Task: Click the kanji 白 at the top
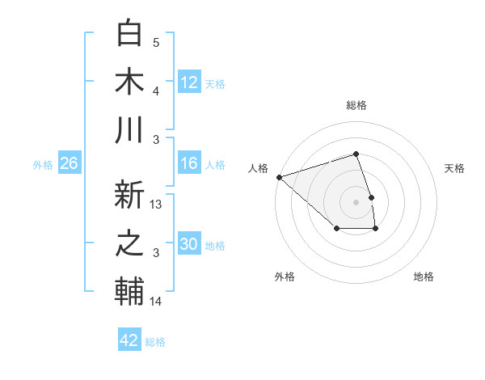pos(130,34)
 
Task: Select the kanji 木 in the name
pos(130,82)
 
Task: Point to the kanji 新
pos(130,195)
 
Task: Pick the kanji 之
pos(130,243)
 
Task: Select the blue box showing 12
pos(188,82)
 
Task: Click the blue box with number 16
pos(188,164)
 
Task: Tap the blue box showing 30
pos(188,245)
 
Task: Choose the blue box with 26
pos(69,164)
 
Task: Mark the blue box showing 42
pos(129,340)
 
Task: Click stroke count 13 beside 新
pos(157,205)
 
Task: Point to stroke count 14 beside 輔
pos(157,302)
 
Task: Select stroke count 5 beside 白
pos(156,43)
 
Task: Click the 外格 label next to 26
pos(43,165)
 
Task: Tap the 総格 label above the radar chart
pos(356,105)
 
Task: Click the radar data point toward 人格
pos(278,176)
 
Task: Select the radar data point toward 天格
pos(371,197)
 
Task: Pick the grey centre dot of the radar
pos(356,201)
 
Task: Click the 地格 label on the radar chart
pos(424,277)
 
